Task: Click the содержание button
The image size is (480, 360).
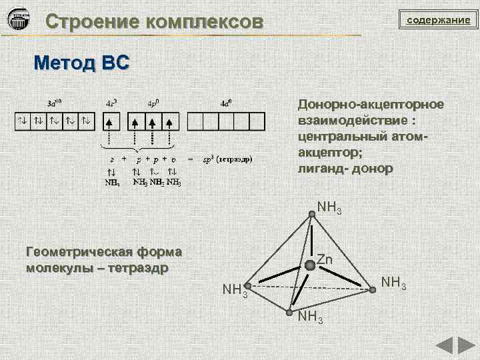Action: (x=439, y=21)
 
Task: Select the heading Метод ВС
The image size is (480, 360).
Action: (x=82, y=63)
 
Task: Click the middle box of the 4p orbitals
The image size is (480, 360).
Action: (x=153, y=121)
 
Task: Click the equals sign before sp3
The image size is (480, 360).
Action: (x=191, y=160)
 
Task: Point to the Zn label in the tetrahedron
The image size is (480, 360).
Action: (x=325, y=259)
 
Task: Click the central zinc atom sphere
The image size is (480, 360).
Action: (x=310, y=265)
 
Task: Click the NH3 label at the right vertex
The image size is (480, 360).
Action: (x=394, y=283)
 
